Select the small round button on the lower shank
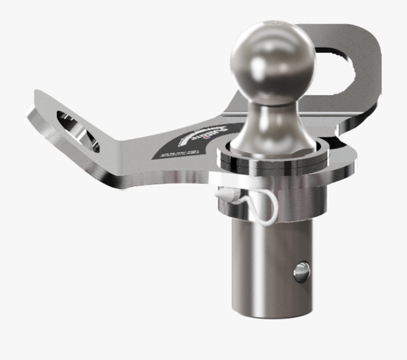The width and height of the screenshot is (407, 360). pyautogui.click(x=302, y=271)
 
